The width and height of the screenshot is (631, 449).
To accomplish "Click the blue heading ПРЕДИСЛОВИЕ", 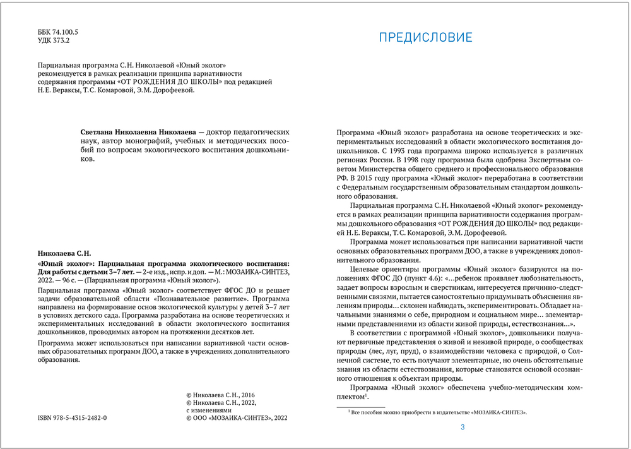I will click(425, 37).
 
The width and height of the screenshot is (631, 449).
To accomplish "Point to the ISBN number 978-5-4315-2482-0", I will click(71, 418).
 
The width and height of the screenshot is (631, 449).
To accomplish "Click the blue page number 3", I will click(463, 428).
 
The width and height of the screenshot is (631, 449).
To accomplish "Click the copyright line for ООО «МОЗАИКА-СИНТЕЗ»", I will click(237, 418).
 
